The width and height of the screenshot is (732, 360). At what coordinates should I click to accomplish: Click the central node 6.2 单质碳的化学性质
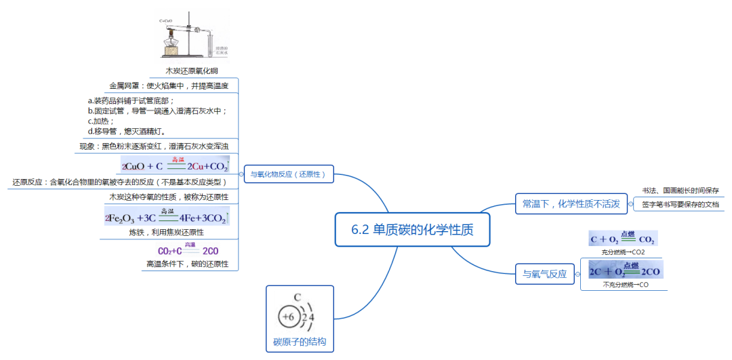(x=412, y=230)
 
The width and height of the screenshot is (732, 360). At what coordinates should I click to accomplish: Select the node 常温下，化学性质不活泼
(x=570, y=203)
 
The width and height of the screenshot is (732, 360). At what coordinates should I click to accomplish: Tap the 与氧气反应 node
(x=544, y=275)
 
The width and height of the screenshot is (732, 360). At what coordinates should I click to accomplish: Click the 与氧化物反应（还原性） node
(x=289, y=174)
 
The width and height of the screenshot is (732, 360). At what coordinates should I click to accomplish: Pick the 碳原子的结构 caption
(x=300, y=342)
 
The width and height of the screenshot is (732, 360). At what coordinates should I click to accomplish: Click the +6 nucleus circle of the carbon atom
(x=287, y=317)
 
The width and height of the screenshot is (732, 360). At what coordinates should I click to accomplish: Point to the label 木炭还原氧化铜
(x=192, y=71)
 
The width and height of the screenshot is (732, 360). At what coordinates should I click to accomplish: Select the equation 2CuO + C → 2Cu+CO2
(x=175, y=165)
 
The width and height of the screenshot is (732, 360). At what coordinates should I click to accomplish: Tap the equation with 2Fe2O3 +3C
(x=167, y=218)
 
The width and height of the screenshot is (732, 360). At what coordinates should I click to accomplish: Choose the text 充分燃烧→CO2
(x=623, y=252)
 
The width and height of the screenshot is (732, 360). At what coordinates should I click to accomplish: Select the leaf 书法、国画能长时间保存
(x=680, y=191)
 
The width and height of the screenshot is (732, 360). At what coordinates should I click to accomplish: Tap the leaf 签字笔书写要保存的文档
(x=680, y=204)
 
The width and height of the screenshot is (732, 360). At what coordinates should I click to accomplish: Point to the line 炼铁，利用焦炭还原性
(x=167, y=232)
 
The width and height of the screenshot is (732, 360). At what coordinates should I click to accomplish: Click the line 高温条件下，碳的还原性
(x=187, y=264)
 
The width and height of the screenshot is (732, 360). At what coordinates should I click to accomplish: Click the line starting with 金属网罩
(x=169, y=86)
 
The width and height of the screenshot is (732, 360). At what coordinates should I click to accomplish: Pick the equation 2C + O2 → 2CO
(x=624, y=271)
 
